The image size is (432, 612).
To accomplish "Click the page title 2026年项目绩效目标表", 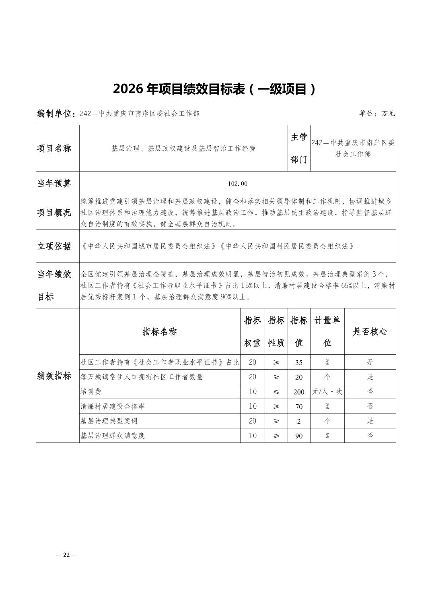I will coord(215,89).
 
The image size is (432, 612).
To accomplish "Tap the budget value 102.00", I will coord(237,184).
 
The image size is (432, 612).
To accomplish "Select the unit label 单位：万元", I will coord(377,114).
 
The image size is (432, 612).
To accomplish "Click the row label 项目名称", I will coord(54,149).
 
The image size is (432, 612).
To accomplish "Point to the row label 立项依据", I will coord(54,246).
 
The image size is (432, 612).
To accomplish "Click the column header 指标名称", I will coord(160,332).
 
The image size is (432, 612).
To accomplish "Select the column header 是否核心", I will coord(370,332).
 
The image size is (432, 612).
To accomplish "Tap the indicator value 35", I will coord(298,362).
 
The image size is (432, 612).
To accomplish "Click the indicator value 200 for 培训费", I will coord(298,392).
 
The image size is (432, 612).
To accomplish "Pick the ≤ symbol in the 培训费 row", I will coord(276,392).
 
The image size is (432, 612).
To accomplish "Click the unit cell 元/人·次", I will coord(327,392).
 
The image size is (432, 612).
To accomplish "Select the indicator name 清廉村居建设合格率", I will coord(113,406).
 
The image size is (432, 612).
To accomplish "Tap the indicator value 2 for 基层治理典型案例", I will coord(298,421).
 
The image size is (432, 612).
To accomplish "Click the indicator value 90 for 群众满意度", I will coord(298,436).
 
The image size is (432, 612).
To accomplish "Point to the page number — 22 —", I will coord(66,555).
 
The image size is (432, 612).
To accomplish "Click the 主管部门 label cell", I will coord(298,149).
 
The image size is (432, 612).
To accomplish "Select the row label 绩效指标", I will coord(54,376).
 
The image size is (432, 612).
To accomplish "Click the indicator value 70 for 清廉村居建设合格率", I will coord(298,407).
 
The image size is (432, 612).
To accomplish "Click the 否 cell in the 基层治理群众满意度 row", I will coord(370,436).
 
